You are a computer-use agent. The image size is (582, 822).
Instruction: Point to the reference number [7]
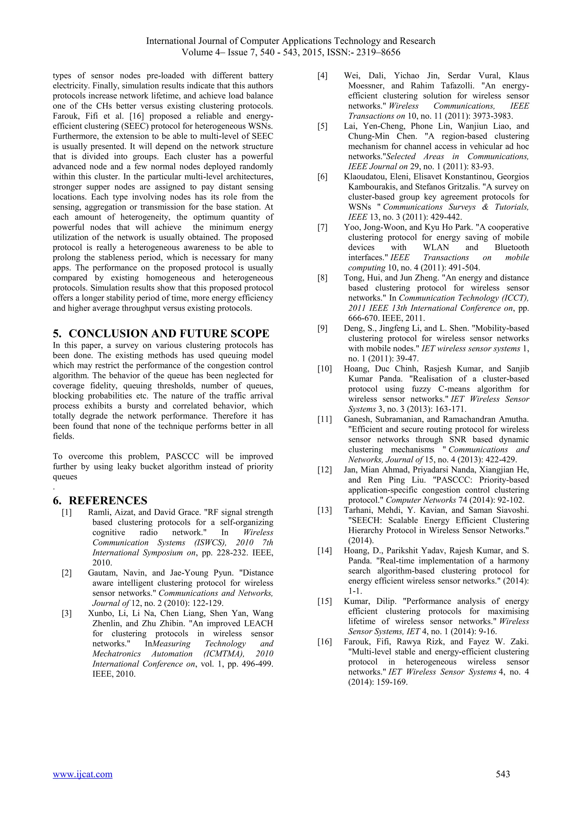323,227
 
